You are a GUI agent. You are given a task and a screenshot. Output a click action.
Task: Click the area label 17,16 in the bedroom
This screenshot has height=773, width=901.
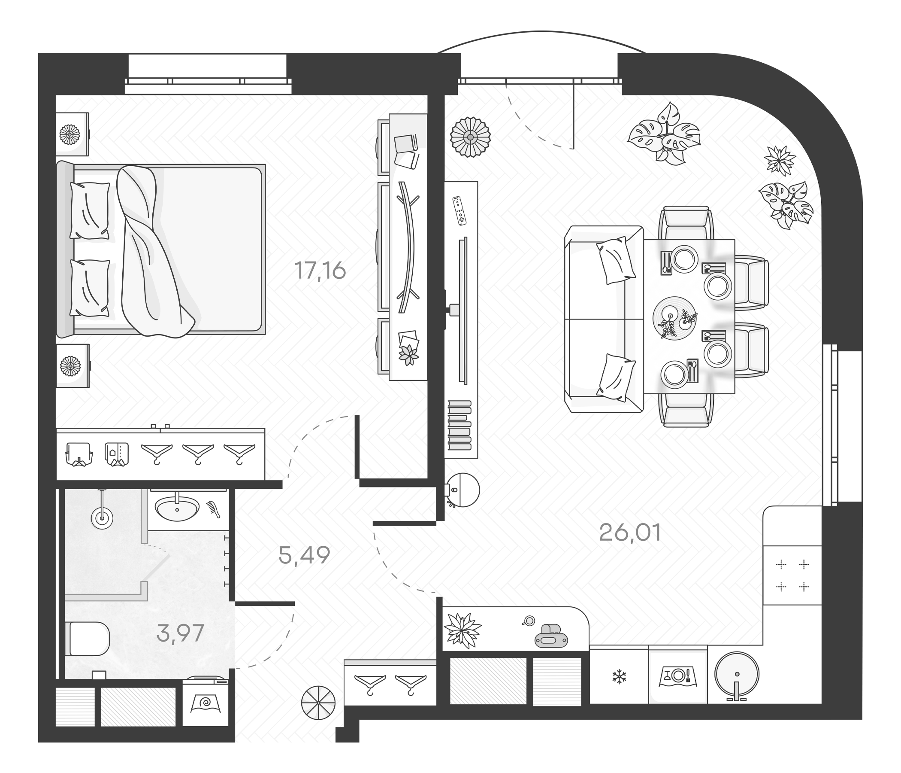[x=320, y=270]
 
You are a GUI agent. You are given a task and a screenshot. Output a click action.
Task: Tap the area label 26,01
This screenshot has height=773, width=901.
[x=630, y=533]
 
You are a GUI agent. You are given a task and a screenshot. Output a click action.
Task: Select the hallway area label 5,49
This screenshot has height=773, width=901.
[x=304, y=555]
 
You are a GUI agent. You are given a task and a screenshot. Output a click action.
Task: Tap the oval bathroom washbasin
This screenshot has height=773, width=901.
[x=177, y=508]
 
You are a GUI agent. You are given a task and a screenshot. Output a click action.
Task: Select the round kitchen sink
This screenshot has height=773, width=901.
[x=737, y=674]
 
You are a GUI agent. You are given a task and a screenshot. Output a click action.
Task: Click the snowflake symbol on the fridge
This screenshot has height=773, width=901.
[x=618, y=677]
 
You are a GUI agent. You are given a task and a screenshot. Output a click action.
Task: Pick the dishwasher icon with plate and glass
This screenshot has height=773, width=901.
[x=677, y=676]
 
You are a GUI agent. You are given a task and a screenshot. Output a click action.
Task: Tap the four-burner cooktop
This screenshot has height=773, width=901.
[x=792, y=575]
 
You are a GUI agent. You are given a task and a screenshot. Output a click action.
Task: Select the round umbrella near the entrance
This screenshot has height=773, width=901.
[x=318, y=703]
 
